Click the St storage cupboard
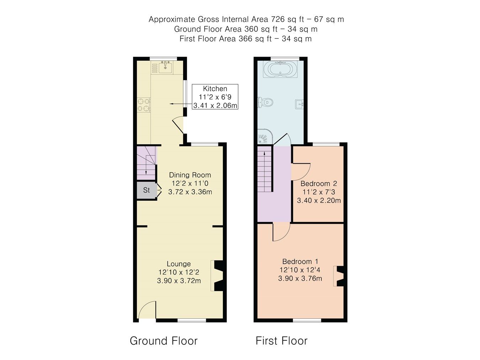pos(146,190)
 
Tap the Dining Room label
pos(190,175)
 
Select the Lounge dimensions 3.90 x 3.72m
pos(179,281)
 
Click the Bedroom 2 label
pos(319,184)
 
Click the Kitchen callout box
pos(215,97)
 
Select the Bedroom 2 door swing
pos(301,171)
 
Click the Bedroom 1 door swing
pos(281,232)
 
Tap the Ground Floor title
pos(164,341)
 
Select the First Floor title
pos(281,341)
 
